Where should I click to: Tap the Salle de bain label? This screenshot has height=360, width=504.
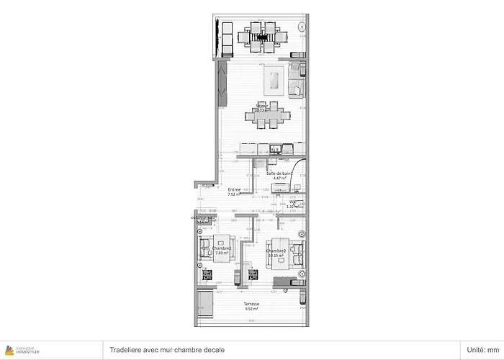tap(278, 174)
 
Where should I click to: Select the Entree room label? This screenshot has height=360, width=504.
tap(235, 189)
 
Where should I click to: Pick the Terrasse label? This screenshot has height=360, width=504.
tap(251, 304)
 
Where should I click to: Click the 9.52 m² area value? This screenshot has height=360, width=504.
tap(251, 309)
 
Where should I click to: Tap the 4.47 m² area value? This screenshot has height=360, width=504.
tap(278, 179)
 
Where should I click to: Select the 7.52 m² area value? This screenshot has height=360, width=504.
tap(235, 194)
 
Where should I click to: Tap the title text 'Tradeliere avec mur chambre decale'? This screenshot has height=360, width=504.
tap(166, 350)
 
